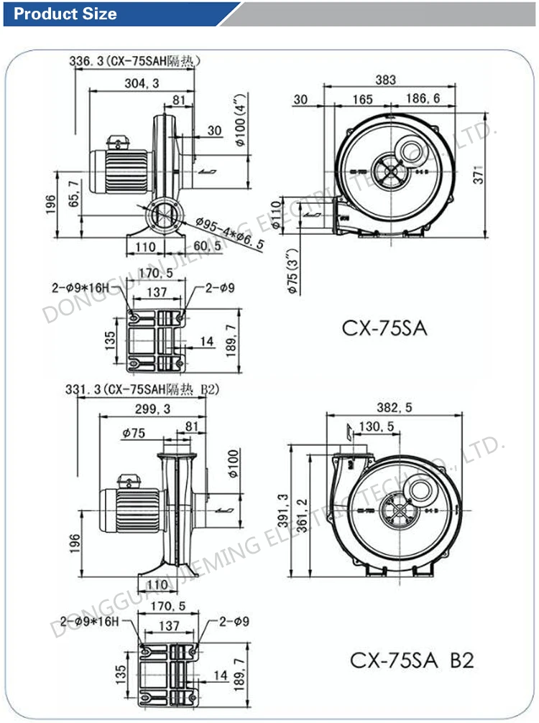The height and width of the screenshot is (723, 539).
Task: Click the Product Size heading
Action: click(65, 14)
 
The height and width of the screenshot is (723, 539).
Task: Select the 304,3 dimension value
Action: click(142, 83)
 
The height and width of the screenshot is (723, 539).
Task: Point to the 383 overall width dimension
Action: click(385, 80)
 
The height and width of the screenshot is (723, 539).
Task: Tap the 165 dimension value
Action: click(362, 98)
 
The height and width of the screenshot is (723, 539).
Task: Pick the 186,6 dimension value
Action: click(422, 98)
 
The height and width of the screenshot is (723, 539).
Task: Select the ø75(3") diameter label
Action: click(291, 273)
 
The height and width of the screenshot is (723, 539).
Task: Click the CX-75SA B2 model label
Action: click(412, 659)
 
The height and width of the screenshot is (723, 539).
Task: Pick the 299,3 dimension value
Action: click(151, 409)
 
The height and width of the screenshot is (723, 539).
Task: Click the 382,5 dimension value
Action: click(395, 407)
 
